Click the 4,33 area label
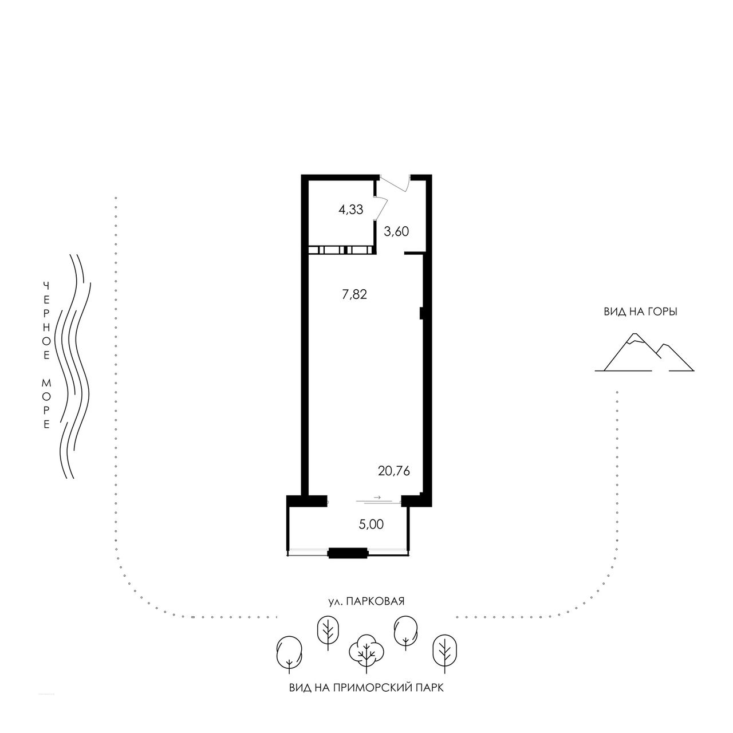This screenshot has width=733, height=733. click(350, 210)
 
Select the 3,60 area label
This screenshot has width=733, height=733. click(396, 231)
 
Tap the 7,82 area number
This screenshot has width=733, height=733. click(354, 294)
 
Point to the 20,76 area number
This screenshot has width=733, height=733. click(393, 471)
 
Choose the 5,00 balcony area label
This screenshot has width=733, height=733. click(371, 525)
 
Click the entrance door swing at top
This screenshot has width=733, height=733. click(396, 184)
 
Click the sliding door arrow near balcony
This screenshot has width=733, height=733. click(377, 497)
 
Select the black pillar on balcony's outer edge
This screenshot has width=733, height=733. click(348, 553)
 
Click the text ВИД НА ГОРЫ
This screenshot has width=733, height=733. click(641, 312)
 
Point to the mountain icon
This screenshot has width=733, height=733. click(644, 352)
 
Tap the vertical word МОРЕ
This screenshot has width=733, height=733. click(46, 404)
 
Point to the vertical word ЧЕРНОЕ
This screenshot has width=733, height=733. click(46, 320)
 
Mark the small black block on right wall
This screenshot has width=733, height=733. click(421, 313)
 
